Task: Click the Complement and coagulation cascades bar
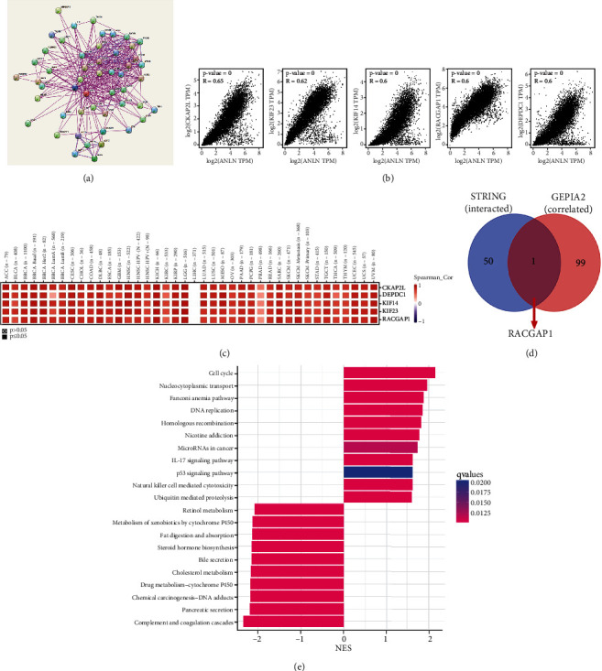(x=292, y=622)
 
